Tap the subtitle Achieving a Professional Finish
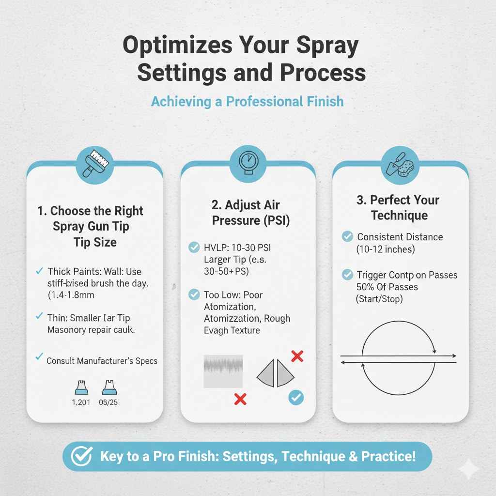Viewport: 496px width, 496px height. pyautogui.click(x=247, y=102)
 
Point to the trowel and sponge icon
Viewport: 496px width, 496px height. pyautogui.click(x=400, y=163)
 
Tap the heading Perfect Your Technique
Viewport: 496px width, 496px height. pyautogui.click(x=398, y=207)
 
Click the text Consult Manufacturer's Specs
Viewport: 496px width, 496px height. pyautogui.click(x=102, y=360)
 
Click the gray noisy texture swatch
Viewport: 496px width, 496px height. pyautogui.click(x=223, y=372)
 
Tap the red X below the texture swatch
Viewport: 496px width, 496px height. pyautogui.click(x=240, y=399)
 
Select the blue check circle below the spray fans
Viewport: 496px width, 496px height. pyautogui.click(x=296, y=398)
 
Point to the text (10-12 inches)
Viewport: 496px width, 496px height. pyautogui.click(x=386, y=249)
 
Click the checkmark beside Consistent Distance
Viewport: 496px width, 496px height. pyautogui.click(x=347, y=237)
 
